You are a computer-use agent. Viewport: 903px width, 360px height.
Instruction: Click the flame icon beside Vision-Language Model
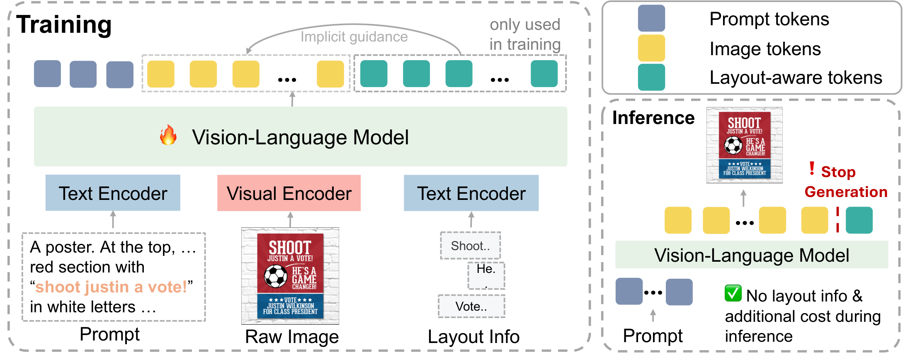[168, 135]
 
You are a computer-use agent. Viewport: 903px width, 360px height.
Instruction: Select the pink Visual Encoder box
[289, 193]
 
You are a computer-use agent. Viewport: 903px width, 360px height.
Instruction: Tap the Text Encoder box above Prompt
[113, 193]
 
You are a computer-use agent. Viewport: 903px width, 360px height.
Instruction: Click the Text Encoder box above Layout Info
[471, 193]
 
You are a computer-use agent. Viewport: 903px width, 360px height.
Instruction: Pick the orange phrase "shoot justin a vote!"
[111, 287]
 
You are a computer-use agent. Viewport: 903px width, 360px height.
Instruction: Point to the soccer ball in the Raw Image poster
[276, 276]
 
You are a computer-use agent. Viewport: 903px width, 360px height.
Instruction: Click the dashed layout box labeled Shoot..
[471, 246]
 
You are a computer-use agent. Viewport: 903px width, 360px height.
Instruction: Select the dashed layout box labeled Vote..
[471, 306]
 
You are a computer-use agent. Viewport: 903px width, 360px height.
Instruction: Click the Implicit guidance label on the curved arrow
[354, 37]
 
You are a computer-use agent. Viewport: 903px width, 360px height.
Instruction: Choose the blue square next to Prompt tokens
[651, 19]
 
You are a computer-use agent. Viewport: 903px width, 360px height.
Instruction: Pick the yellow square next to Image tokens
[651, 48]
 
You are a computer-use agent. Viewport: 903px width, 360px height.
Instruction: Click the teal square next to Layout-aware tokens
[651, 77]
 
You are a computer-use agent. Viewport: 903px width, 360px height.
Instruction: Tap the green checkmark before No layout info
[733, 294]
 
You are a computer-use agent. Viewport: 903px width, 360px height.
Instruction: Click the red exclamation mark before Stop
[812, 168]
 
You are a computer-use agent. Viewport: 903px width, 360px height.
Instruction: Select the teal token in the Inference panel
[859, 221]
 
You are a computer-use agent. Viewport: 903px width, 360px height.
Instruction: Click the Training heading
[64, 25]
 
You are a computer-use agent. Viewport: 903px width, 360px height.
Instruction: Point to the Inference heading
[653, 118]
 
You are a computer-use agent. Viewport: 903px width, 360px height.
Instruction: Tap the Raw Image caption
[292, 337]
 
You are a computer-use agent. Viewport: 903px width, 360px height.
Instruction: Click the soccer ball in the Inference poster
[733, 145]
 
